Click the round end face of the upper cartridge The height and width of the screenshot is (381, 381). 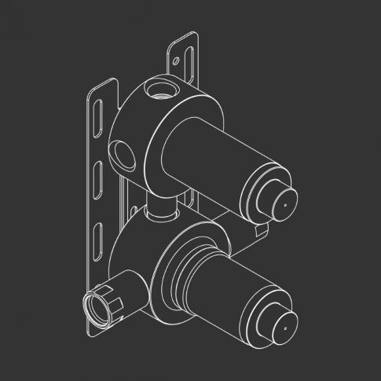283,202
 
